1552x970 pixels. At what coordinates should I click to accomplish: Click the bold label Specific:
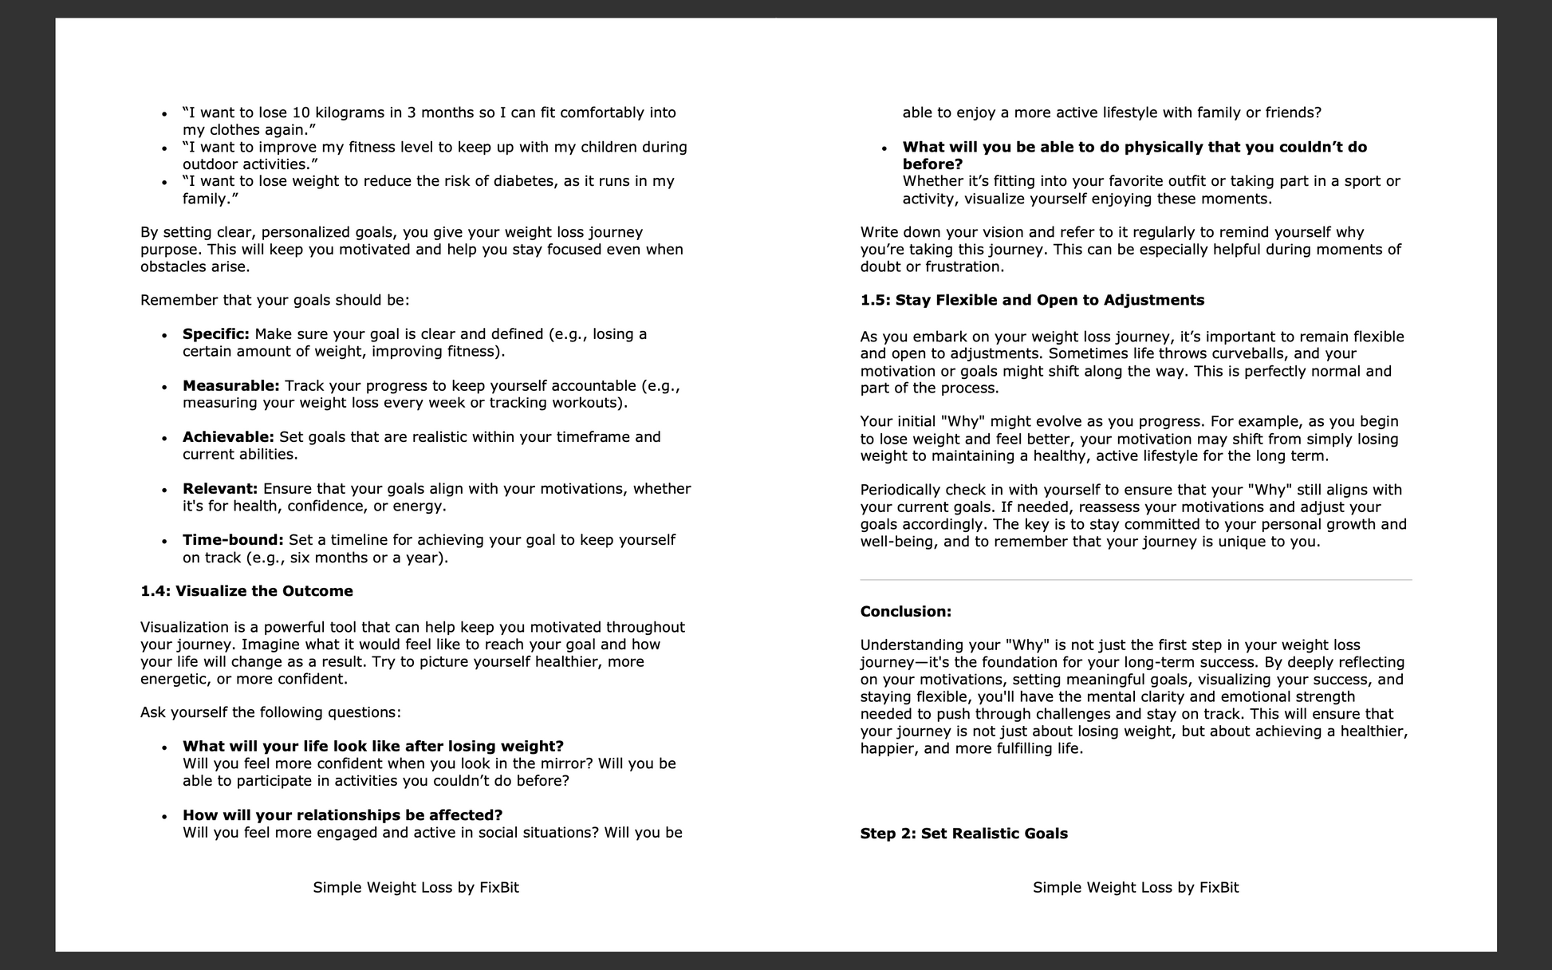pyautogui.click(x=215, y=334)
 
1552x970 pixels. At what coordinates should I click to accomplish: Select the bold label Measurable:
pyautogui.click(x=230, y=386)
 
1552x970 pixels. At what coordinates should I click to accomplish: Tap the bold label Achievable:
pyautogui.click(x=228, y=437)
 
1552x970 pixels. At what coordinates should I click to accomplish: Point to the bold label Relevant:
pyautogui.click(x=220, y=489)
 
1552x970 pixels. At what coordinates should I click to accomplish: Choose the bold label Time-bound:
pyautogui.click(x=233, y=540)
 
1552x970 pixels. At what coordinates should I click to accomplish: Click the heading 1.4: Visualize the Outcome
pyautogui.click(x=246, y=591)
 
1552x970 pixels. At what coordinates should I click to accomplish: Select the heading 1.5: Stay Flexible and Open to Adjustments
pyautogui.click(x=1032, y=301)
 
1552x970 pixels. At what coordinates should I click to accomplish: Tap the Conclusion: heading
pyautogui.click(x=905, y=612)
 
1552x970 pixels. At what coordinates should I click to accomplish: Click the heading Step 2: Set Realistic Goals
pyautogui.click(x=963, y=834)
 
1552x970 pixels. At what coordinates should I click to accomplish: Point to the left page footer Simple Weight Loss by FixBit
pyautogui.click(x=416, y=888)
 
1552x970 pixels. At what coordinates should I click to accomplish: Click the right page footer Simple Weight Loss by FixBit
pyautogui.click(x=1136, y=888)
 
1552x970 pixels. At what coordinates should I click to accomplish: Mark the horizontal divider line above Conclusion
pyautogui.click(x=1136, y=580)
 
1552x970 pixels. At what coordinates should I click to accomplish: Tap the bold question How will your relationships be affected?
pyautogui.click(x=342, y=815)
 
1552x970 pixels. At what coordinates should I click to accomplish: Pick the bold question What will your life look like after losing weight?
pyautogui.click(x=372, y=747)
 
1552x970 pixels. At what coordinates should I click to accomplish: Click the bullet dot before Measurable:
pyautogui.click(x=164, y=388)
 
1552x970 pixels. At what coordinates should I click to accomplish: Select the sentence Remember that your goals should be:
pyautogui.click(x=274, y=301)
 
